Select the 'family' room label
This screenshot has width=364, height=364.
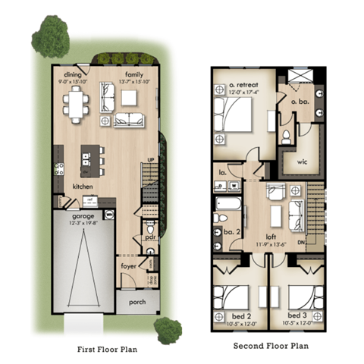133,74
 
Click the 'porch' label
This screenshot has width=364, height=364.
137,301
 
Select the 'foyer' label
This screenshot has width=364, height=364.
128,265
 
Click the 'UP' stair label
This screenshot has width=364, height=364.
151,159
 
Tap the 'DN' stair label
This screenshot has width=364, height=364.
301,243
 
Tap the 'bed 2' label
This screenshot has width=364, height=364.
236,315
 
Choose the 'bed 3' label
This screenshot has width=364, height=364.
297,315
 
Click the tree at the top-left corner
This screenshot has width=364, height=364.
51,34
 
